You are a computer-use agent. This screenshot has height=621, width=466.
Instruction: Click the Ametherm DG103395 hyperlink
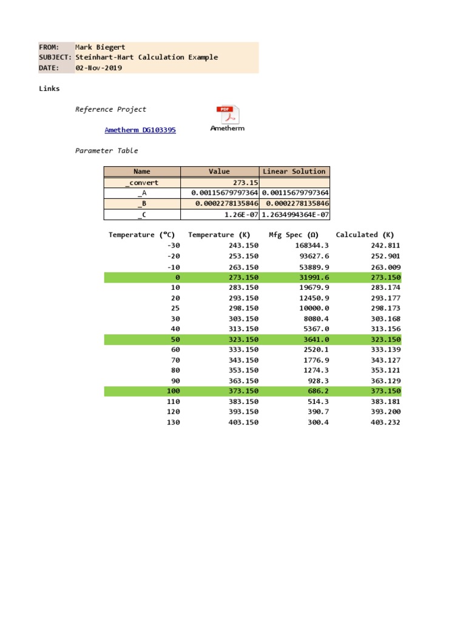(140, 130)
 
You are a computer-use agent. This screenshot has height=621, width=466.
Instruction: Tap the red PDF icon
(227, 115)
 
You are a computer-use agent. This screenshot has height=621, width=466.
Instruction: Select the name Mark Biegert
(100, 47)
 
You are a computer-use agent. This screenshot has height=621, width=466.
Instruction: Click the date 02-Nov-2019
(98, 68)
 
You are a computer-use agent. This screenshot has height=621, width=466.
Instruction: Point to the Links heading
(49, 89)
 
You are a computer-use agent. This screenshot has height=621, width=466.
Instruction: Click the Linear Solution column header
(294, 172)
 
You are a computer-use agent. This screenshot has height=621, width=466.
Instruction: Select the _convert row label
(142, 183)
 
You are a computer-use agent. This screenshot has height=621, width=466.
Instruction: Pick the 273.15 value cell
(246, 183)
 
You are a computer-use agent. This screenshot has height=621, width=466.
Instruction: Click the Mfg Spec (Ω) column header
(294, 235)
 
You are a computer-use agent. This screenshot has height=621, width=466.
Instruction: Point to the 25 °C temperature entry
(176, 308)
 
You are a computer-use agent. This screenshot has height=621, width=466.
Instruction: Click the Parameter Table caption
(106, 150)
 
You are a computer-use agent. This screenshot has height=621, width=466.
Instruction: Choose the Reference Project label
(110, 109)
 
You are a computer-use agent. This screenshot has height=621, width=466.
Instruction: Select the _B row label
(142, 204)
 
